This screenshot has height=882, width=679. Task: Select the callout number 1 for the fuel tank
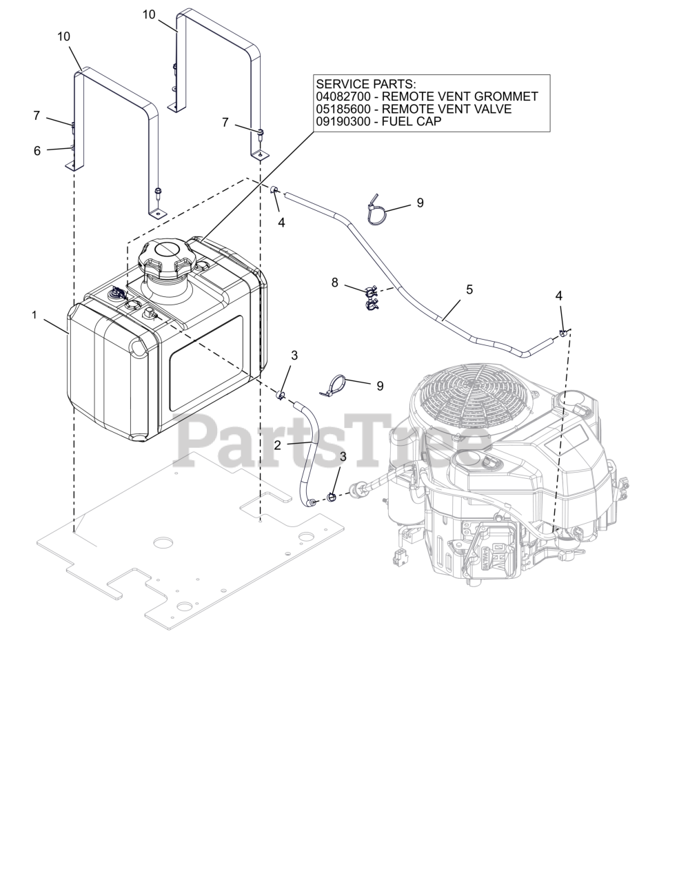[34, 315]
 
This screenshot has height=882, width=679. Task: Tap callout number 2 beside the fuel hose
[278, 445]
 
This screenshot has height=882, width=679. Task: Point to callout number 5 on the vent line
[469, 289]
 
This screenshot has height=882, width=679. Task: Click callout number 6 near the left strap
[37, 150]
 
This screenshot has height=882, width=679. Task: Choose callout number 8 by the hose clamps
[335, 282]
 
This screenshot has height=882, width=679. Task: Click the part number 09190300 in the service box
[339, 121]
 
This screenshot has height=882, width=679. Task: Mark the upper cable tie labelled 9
[376, 210]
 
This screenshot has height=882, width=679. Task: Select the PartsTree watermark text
[331, 438]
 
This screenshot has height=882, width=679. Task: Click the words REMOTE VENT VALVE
[447, 109]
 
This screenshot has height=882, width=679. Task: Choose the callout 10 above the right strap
[149, 14]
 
